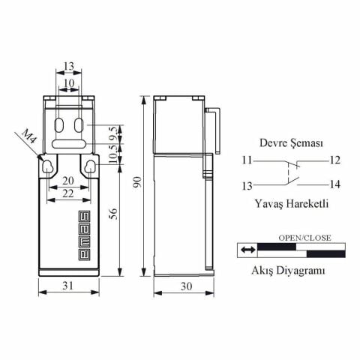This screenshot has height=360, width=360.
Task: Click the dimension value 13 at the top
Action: [68, 66]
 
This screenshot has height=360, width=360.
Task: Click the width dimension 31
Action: [68, 286]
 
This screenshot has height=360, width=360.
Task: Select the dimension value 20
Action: [68, 181]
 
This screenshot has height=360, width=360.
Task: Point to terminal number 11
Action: [247, 160]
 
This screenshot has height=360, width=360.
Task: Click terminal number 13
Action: [247, 184]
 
